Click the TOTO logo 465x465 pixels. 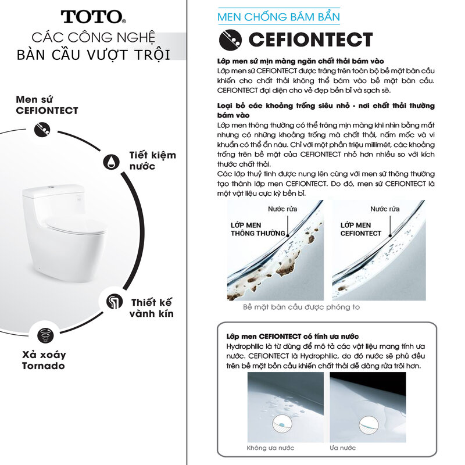point(93,17)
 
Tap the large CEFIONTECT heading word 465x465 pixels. point(310,40)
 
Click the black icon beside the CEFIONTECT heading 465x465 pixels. point(230,40)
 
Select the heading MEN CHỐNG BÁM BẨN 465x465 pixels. point(279,17)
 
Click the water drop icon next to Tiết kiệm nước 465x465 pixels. point(112,162)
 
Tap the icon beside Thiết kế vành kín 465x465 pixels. point(115,302)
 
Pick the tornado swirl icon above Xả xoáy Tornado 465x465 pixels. point(46,335)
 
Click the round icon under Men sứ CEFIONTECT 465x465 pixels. point(42,130)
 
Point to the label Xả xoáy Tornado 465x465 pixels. point(44,360)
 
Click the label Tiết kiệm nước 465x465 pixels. point(152,160)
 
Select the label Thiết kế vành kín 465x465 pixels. point(151,308)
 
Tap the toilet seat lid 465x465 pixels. point(76,225)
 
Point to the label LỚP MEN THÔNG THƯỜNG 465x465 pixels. point(257,229)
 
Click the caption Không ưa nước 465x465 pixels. point(270,448)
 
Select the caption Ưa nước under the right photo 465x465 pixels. point(342,448)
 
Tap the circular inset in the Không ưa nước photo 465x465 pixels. point(282,424)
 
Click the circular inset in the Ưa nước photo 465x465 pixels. point(369,425)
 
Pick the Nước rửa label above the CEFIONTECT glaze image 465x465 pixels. point(385,209)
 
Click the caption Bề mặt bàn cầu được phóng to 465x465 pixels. point(301,307)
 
